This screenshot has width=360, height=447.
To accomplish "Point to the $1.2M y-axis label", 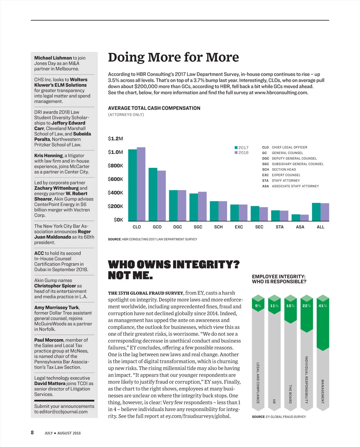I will pos(115,139).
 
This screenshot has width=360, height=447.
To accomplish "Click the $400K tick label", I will pos(115,193).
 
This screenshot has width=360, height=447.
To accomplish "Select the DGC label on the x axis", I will pos(178,227).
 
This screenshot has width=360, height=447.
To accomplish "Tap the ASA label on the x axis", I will pos(300,227).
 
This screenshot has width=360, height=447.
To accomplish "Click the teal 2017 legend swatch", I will pos(236,148).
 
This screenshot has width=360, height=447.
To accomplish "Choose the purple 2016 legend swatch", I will pos(236,153).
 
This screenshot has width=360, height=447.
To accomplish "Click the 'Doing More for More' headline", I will pos(173,57).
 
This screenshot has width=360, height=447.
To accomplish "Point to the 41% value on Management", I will pos(323,306).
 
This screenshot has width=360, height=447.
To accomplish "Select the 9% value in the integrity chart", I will pos(258,306).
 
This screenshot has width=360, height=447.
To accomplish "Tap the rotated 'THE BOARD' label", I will pos(290,394).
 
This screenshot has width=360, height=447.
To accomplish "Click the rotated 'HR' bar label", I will pos(274,401).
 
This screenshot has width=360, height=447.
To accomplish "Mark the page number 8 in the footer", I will pos(32,432).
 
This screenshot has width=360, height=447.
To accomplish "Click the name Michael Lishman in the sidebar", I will pos(53,58).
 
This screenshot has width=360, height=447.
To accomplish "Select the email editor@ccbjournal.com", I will pos(61,412).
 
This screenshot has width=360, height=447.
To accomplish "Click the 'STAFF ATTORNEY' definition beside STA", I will pos(286,180).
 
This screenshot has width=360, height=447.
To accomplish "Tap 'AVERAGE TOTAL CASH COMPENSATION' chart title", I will pos(154,108).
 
